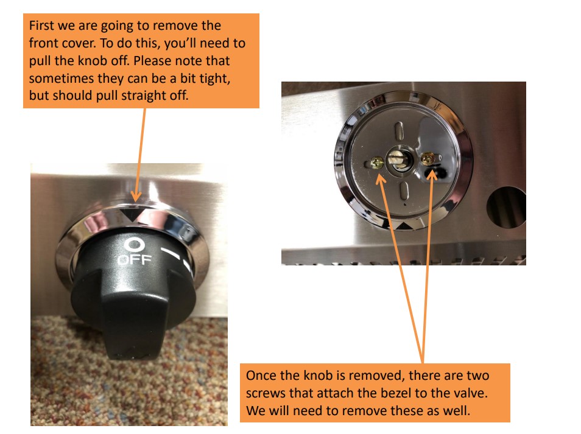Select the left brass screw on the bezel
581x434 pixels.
tap(378, 163)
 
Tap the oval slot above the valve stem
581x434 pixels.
tap(400, 131)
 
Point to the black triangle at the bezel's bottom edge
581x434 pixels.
tap(403, 226)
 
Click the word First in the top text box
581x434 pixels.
tap(42, 26)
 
